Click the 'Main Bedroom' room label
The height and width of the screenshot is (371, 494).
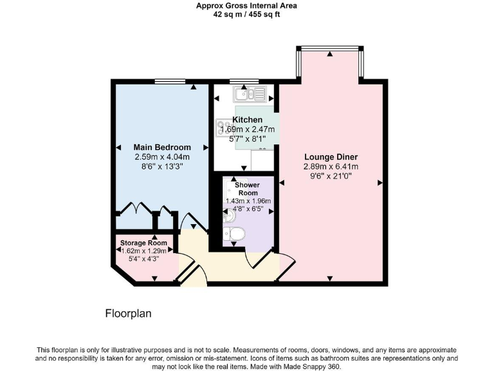click(x=162, y=147)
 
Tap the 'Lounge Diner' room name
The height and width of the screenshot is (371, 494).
click(x=331, y=157)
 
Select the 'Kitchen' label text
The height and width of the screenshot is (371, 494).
click(x=247, y=120)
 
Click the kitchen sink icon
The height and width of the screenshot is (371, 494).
click(x=250, y=95)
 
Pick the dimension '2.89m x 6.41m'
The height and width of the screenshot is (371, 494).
click(x=331, y=166)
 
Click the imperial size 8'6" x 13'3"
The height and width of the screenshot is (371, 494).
click(x=162, y=166)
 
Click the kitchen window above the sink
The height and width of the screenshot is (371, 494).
click(x=241, y=81)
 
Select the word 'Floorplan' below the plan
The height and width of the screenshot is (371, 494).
click(x=128, y=314)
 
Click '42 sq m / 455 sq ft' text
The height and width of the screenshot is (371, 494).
click(x=246, y=14)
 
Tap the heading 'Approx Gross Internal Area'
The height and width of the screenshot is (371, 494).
click(x=246, y=6)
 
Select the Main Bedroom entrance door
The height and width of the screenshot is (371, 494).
click(x=193, y=222)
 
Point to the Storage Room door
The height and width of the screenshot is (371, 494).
click(x=186, y=266)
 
